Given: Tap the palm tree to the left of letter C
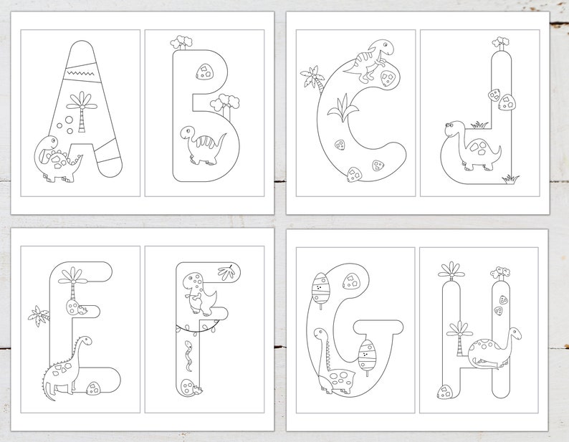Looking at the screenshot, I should [x=312, y=79].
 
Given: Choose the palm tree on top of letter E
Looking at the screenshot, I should [x=74, y=276].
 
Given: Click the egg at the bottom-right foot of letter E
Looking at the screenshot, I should [x=92, y=388].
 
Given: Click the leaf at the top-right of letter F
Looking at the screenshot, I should [x=227, y=272].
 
